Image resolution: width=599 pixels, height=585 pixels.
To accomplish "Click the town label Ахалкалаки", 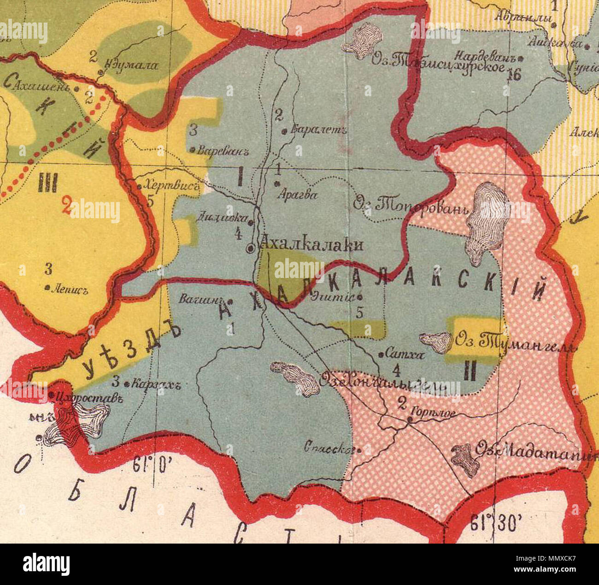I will pos(311,244).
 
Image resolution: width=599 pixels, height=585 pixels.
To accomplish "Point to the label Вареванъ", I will pos(219,150).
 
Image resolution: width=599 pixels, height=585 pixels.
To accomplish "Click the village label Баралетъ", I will pos(318,130).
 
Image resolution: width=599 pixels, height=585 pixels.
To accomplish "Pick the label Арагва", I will pos(297,195).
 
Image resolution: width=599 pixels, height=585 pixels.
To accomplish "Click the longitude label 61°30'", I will pos(496,523).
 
